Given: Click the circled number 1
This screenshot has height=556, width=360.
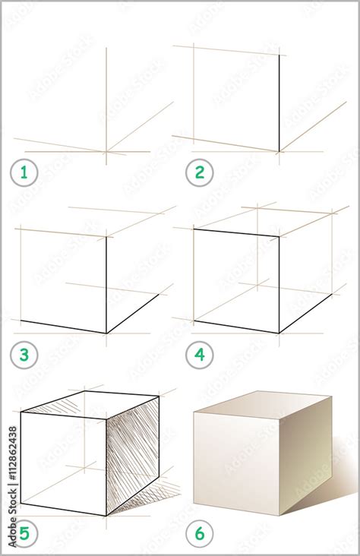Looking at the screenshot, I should (24, 173).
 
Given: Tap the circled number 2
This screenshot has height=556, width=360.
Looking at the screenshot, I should (200, 173).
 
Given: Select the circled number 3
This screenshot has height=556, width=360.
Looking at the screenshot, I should (24, 354).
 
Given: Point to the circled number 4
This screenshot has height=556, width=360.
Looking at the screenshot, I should (200, 354).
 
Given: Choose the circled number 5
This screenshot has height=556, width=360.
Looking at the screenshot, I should (24, 534).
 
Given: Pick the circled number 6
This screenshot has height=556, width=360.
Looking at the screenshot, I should (200, 534).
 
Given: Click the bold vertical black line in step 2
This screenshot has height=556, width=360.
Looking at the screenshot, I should (279, 103).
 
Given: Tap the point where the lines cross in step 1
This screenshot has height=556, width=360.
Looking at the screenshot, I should (106, 151).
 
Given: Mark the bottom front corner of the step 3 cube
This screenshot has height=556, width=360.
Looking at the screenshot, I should (106, 333).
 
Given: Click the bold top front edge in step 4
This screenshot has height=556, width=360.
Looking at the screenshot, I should (236, 232).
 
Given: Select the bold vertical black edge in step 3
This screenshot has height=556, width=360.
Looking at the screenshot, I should (106, 285).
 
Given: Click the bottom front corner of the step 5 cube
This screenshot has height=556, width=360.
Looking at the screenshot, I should (106, 516).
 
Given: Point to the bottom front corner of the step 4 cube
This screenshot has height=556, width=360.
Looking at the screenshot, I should (279, 333).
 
